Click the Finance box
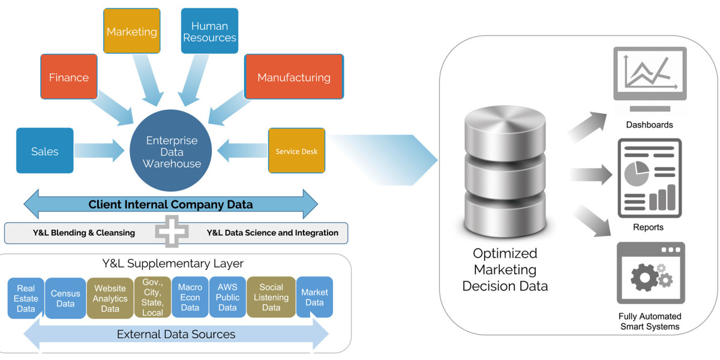pyautogui.click(x=69, y=77)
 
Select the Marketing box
pyautogui.click(x=132, y=32)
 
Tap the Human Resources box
pyautogui.click(x=209, y=32)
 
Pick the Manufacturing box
pyautogui.click(x=294, y=77)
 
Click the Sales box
pyautogui.click(x=45, y=151)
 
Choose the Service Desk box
pyautogui.click(x=296, y=151)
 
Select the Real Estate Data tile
pyautogui.click(x=26, y=298)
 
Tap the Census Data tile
pyautogui.click(x=65, y=298)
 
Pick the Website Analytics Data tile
pyautogui.click(x=110, y=298)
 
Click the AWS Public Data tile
pyautogui.click(x=227, y=298)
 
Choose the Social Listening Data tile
pyautogui.click(x=271, y=298)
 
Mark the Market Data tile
pyautogui.click(x=314, y=297)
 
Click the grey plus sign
pyautogui.click(x=172, y=231)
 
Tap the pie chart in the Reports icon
pyautogui.click(x=636, y=173)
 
